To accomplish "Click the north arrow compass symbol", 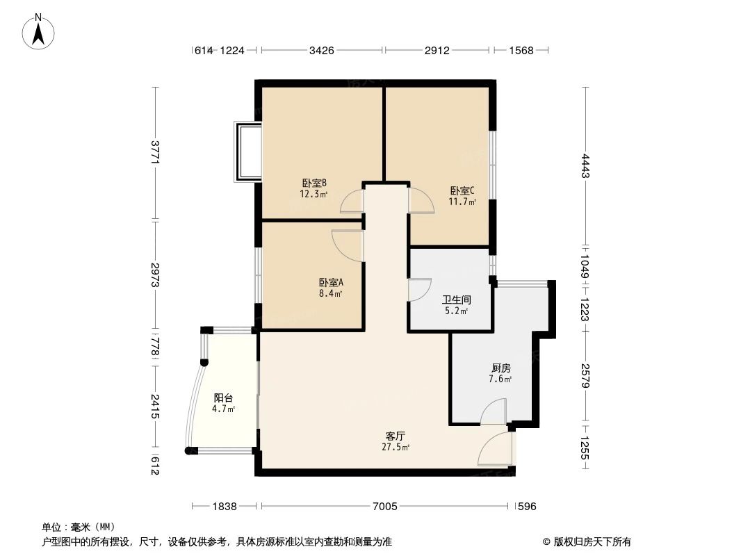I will [39, 31].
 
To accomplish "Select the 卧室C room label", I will [462, 191].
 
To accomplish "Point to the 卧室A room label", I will [331, 283].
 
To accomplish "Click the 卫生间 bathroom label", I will [457, 300].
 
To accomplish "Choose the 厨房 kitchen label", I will [500, 368].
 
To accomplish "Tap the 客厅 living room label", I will [396, 436].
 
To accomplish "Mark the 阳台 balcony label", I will [223, 398].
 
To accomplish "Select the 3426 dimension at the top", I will [322, 50].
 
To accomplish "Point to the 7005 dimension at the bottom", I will [384, 507].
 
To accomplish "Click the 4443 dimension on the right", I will [586, 166].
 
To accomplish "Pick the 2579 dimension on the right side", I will [586, 376].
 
